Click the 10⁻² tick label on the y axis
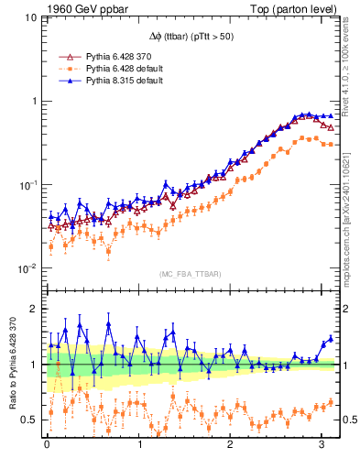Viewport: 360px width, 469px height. point(26,268)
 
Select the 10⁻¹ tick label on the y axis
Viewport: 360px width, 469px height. point(26,185)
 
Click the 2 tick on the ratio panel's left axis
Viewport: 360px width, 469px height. point(34,309)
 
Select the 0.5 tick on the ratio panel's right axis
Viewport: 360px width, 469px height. point(349,420)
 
